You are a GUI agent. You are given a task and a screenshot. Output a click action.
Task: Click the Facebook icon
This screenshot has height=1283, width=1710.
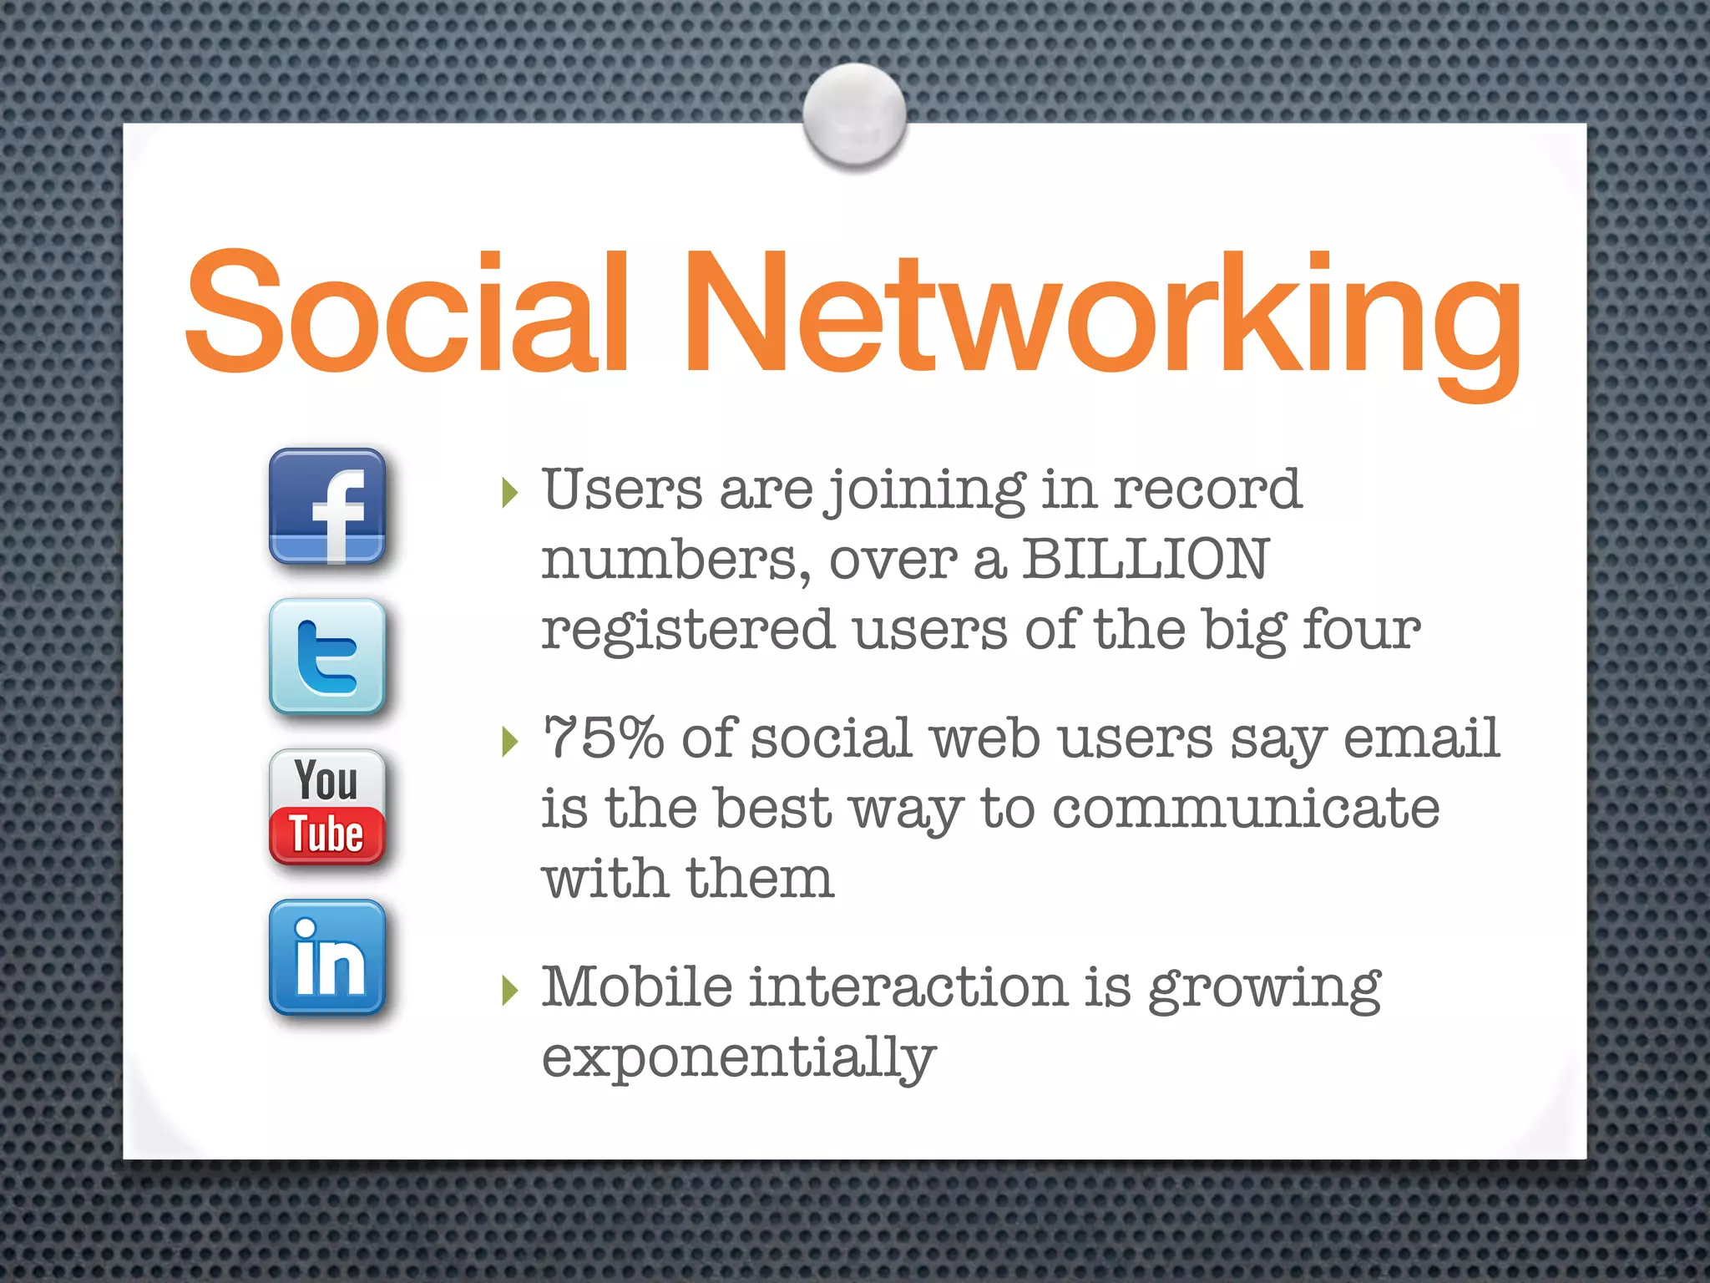click(x=327, y=506)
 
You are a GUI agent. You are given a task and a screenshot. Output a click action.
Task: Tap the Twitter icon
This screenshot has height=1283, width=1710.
click(x=327, y=657)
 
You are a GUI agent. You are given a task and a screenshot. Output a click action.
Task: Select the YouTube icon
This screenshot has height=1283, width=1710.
click(x=327, y=807)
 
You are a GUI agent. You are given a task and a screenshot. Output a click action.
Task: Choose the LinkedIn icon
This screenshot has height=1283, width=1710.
click(x=327, y=957)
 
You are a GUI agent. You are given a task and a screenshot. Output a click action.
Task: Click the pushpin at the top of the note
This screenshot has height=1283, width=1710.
click(x=854, y=114)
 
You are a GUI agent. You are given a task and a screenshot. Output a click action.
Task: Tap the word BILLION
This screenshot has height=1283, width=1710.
click(x=1146, y=559)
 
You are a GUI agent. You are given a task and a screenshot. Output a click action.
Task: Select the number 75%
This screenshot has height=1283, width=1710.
click(x=603, y=738)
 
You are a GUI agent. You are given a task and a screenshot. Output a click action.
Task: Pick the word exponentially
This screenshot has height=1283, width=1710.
click(x=739, y=1057)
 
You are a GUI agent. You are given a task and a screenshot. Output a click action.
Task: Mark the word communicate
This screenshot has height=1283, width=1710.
click(x=1246, y=809)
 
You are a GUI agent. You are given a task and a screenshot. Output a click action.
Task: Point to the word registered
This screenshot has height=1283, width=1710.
click(x=688, y=630)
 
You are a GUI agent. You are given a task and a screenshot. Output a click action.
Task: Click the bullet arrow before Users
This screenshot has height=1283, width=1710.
click(x=510, y=493)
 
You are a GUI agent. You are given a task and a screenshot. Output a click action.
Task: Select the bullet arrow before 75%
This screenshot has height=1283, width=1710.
click(x=510, y=741)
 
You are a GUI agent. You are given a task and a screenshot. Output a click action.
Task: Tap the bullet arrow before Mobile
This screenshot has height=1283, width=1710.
click(x=510, y=990)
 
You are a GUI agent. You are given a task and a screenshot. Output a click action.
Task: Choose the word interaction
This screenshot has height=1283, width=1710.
click(x=908, y=986)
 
